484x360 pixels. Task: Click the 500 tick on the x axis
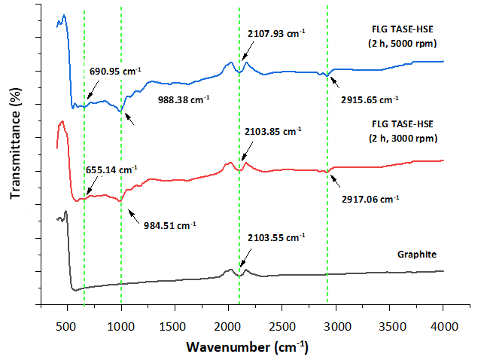point(66,326)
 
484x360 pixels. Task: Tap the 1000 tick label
point(120,326)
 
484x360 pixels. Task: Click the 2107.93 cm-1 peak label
point(275,33)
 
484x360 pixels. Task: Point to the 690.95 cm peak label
point(110,72)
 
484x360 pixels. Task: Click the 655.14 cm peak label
point(110,170)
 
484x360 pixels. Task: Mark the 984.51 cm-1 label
point(169,224)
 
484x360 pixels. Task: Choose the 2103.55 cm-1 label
point(275,237)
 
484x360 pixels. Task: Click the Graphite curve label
point(416,254)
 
